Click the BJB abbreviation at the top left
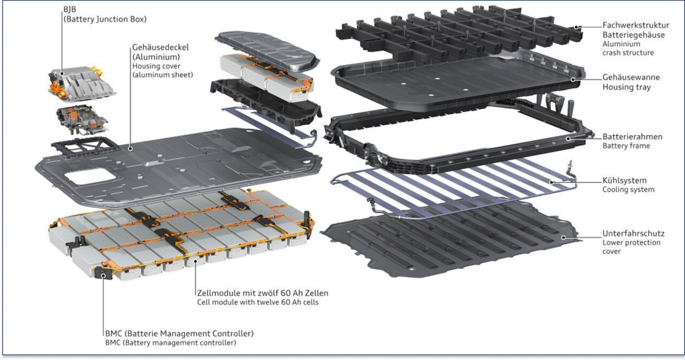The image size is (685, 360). click(x=69, y=9)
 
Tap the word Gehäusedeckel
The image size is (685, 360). click(x=160, y=48)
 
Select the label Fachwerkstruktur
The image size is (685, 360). click(x=636, y=25)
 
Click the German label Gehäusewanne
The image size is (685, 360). click(x=631, y=77)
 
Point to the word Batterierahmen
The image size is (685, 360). click(x=632, y=137)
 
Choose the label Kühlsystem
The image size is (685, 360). click(x=624, y=181)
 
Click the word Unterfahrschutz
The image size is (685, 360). click(x=634, y=234)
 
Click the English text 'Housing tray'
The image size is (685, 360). click(x=627, y=87)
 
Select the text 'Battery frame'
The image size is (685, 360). click(x=626, y=146)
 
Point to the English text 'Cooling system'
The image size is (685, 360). click(x=628, y=190)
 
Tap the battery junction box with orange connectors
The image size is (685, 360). click(x=82, y=83)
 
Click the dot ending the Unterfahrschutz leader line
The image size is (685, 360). click(x=564, y=237)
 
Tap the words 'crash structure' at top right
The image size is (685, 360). click(x=628, y=53)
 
